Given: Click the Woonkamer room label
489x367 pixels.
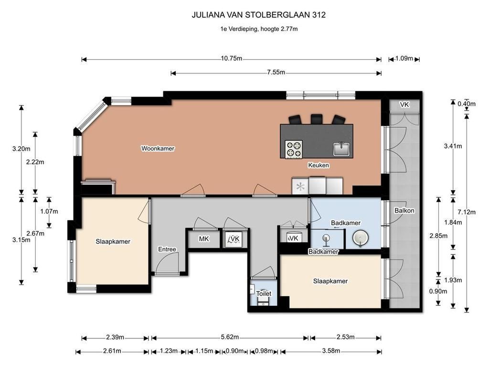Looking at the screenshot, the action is (x=158, y=149).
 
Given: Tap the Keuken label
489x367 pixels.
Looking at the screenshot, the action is (x=319, y=165).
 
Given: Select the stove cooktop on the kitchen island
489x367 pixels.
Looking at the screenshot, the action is (x=294, y=149).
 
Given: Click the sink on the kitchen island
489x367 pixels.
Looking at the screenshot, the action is (x=341, y=149).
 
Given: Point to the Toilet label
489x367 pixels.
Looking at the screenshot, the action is (x=264, y=294).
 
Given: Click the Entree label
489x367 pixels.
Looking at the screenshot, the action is (x=167, y=249).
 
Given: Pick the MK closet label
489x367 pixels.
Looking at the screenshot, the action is (x=204, y=239).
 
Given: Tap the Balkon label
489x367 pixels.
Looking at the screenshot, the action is (x=404, y=211).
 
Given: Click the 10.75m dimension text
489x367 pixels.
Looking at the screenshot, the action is (x=232, y=58).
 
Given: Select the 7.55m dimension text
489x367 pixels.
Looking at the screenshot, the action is (x=276, y=73).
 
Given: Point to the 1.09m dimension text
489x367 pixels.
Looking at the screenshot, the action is (x=404, y=58).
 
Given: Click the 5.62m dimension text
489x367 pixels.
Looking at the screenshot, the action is (x=230, y=337).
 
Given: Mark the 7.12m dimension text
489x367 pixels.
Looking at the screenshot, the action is (x=467, y=212).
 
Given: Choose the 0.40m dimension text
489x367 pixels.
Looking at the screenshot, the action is (x=467, y=104).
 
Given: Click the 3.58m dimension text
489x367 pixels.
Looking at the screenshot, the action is (x=331, y=351).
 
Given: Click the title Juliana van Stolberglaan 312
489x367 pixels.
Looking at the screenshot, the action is (x=258, y=15).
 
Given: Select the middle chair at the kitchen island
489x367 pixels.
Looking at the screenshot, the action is (x=316, y=119).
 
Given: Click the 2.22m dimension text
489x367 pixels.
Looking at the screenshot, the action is (x=35, y=162).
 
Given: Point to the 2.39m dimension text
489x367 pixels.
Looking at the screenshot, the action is (x=115, y=337).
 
